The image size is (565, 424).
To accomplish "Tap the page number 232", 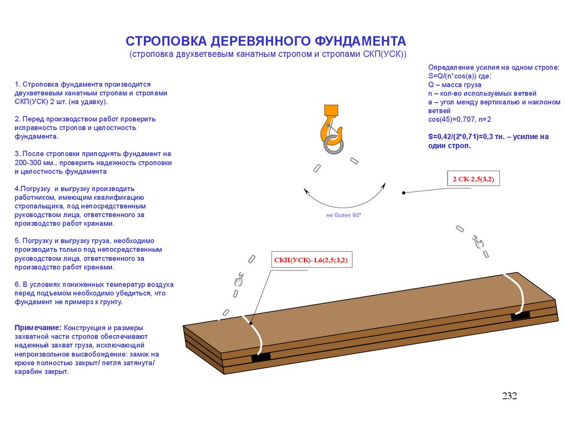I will coord(509,396).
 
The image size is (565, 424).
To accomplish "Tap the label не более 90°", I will coord(343,215).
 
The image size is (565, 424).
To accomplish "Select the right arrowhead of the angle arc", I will coord(382,186).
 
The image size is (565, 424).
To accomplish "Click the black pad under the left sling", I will coord(261,357).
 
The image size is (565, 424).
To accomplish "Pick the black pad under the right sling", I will coord(520,315).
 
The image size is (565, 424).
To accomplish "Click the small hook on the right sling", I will coord(477,241).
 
